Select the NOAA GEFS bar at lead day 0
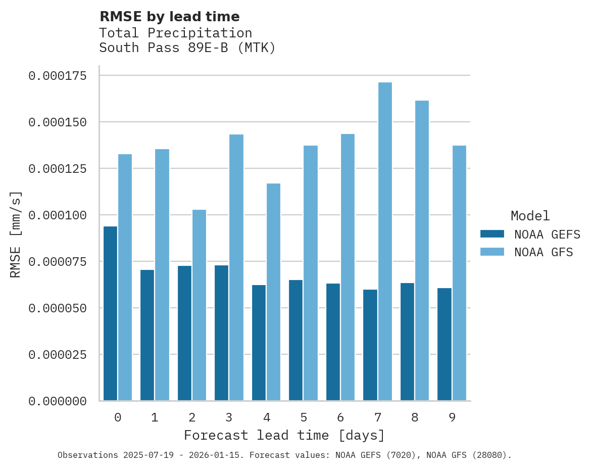(110, 313)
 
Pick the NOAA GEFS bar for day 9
(445, 344)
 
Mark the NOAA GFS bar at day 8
(422, 251)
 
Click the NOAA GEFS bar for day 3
(222, 333)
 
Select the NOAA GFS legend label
(544, 252)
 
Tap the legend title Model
(530, 216)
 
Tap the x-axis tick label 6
(340, 417)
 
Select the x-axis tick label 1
(155, 417)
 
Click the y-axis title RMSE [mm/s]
(16, 234)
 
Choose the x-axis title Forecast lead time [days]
(284, 435)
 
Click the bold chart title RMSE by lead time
(169, 17)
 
